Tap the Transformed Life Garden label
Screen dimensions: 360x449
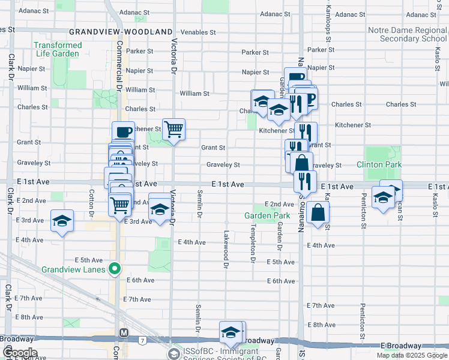point(58,49)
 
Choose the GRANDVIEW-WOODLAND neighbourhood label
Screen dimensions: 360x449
point(116,31)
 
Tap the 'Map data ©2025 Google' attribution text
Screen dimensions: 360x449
point(411,355)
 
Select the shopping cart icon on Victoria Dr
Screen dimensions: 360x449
point(173,128)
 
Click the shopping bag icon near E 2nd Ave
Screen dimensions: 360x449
point(318,212)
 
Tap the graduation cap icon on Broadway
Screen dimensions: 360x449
point(231,332)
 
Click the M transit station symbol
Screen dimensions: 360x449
point(124,332)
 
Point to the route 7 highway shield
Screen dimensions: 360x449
point(142,341)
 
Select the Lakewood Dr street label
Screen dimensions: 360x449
point(226,248)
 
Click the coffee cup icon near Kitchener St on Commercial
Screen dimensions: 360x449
point(123,132)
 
